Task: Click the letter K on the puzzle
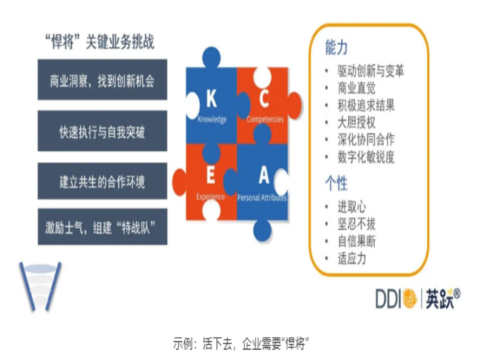click(212, 98)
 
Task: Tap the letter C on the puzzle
click(264, 98)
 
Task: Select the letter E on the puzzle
click(211, 175)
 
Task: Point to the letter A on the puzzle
click(264, 175)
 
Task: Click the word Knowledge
click(212, 119)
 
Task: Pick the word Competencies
click(265, 119)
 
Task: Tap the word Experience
click(211, 197)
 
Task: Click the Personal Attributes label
click(262, 198)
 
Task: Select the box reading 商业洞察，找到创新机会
click(102, 80)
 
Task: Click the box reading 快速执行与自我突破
click(102, 130)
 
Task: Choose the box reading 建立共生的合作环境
click(102, 181)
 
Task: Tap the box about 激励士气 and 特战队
click(102, 227)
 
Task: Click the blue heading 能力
click(336, 47)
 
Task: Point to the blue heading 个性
click(336, 183)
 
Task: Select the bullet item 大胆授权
click(357, 123)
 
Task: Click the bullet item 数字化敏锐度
click(366, 157)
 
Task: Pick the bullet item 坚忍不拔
click(357, 224)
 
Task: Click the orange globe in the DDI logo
click(410, 298)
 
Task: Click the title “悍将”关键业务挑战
click(100, 42)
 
